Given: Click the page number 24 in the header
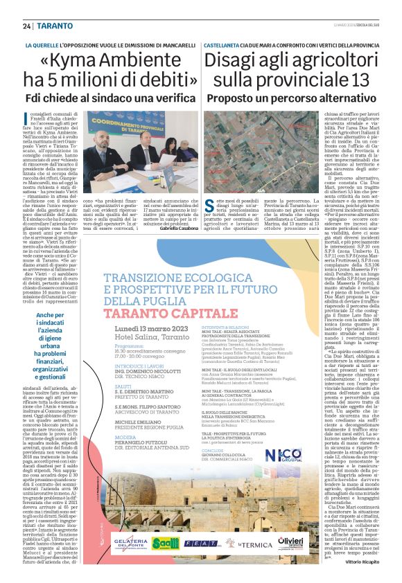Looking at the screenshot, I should (27, 26).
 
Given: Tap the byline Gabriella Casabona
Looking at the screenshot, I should (178, 228).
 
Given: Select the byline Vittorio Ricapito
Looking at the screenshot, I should (358, 562).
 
